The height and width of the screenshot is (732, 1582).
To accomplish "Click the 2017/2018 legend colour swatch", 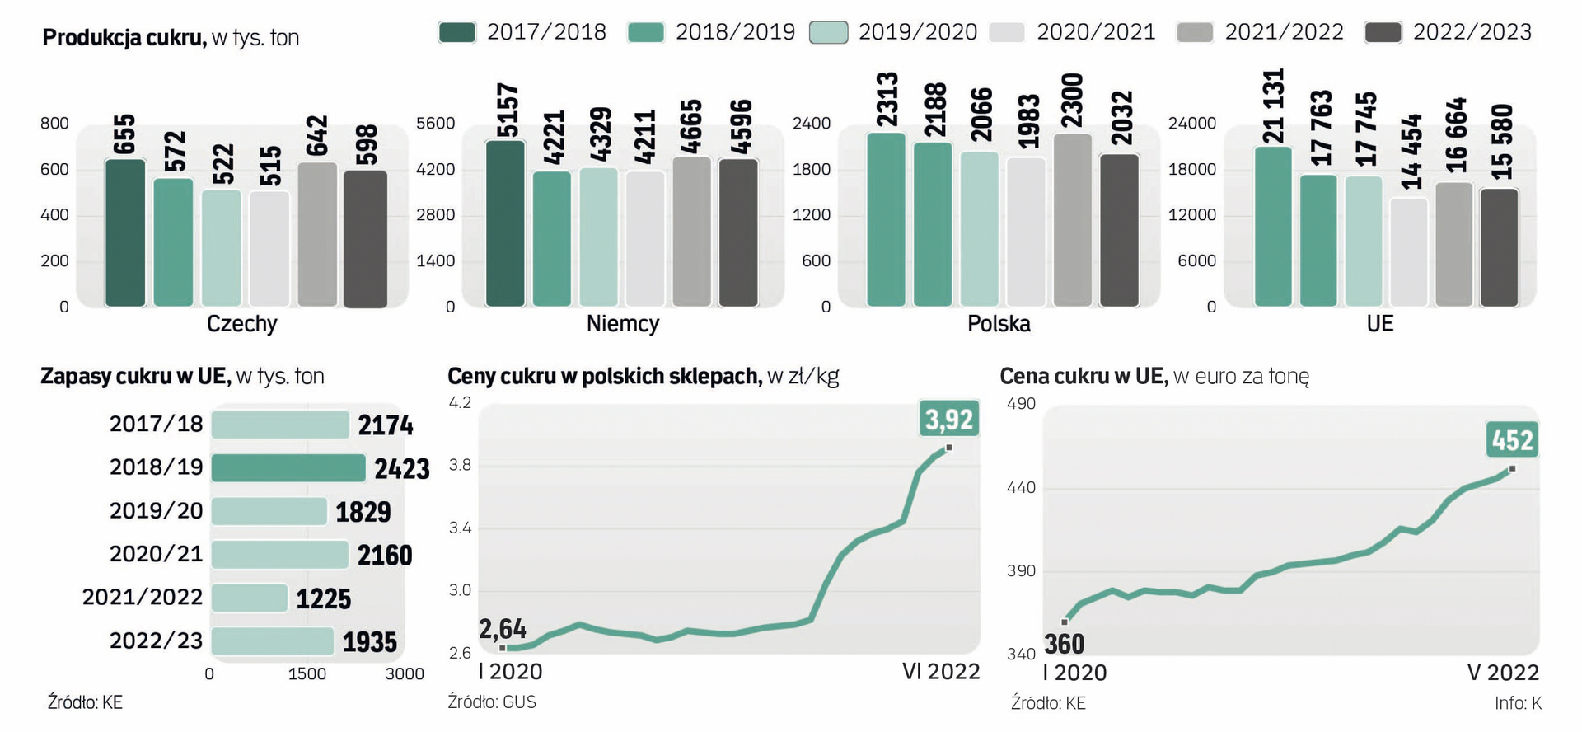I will pos(457,32).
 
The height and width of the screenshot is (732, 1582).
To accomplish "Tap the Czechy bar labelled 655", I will pos(125,233).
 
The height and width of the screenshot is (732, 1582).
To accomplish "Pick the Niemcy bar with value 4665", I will pos(691,232).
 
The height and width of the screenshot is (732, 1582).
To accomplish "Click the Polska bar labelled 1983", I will pos(1025,232).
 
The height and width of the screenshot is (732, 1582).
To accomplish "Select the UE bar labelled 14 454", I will pos(1408,252).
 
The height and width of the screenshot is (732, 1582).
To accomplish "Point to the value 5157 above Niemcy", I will pos(507,110).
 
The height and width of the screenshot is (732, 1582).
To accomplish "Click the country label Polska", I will pos(999,323).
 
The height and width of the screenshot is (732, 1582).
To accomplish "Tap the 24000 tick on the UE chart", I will pos(1191,124).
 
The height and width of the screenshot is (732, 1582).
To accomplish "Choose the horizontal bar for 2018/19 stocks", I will pos(288,468).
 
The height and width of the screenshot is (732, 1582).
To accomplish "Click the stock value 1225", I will pos(323,598).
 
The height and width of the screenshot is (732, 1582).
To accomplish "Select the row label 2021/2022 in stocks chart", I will pos(142,597).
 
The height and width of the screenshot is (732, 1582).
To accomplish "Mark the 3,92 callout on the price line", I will pos(949,420).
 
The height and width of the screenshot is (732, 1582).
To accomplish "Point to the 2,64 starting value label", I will pos(503,629).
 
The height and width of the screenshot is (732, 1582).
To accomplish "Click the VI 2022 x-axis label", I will pos(941,672).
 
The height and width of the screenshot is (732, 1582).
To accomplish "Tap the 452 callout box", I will pos(1512,440).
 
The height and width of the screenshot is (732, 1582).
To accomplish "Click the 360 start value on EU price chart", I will pos(1064,644).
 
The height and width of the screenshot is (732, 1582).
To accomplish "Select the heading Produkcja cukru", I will pos(124,38).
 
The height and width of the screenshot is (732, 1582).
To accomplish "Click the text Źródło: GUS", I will pos(492,702).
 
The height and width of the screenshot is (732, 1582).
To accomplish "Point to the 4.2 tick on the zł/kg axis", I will pos(460,403).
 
